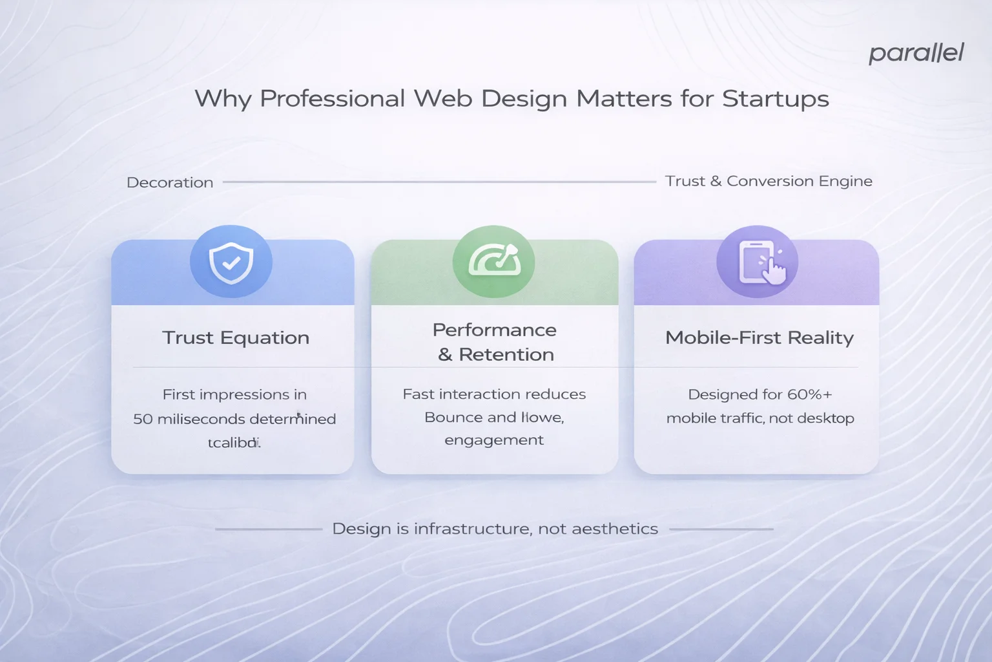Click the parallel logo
point(916,53)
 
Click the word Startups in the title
point(775,99)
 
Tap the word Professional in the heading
point(332,99)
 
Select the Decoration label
point(170,182)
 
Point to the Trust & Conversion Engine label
point(769,181)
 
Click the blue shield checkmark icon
point(231,262)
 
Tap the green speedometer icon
point(494,262)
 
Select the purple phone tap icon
point(758,262)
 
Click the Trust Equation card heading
point(236,337)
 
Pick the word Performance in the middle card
point(494,330)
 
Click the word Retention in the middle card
point(506,354)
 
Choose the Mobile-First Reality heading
point(759,337)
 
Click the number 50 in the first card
point(143,419)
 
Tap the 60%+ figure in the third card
point(810,394)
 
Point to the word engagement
point(494,440)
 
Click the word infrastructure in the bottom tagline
point(472,529)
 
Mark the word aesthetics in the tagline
point(615,529)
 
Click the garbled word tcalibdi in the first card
point(234,443)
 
